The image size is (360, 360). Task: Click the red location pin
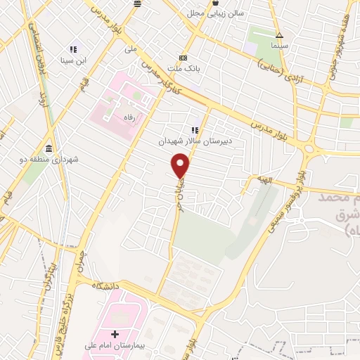181,167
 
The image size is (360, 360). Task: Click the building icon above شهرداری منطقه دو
49,148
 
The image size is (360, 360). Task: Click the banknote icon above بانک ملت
184,58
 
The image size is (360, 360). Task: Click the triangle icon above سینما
280,34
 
